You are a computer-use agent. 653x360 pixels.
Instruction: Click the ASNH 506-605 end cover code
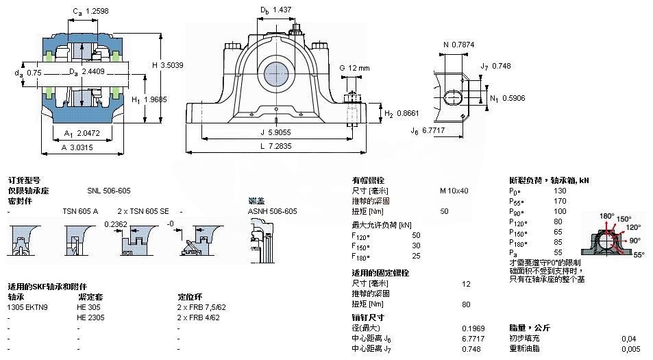[x=272, y=211]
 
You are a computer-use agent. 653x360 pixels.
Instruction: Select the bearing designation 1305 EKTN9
[x=27, y=307]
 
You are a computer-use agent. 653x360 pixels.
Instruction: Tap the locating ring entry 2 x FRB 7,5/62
[x=201, y=307]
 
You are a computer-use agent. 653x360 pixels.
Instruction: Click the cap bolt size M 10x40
[x=454, y=190]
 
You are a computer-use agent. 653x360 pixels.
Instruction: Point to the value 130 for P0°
[x=560, y=191]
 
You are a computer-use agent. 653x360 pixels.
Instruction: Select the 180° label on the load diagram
[x=606, y=216]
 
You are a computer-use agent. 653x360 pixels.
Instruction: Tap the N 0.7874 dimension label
[x=461, y=45]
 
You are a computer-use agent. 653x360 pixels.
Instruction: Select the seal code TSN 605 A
[x=80, y=211]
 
